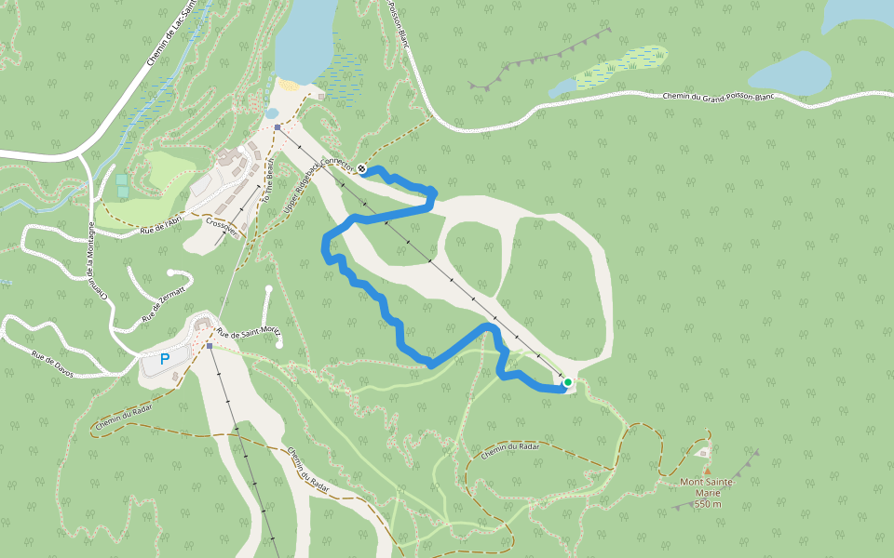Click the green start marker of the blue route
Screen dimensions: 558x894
(x=567, y=381)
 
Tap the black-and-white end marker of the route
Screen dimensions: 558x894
(x=361, y=169)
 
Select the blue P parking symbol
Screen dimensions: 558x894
(x=165, y=359)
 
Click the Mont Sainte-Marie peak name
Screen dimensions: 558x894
(x=708, y=482)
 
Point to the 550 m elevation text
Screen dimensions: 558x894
(x=708, y=503)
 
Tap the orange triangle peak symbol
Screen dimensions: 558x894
(x=707, y=471)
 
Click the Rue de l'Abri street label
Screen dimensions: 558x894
(x=167, y=222)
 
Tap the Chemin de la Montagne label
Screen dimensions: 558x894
(x=97, y=260)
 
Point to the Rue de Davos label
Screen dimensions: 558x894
(x=52, y=359)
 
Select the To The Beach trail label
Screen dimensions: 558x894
(x=268, y=181)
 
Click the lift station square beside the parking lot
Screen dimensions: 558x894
(x=210, y=346)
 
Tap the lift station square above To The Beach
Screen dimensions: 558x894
(x=278, y=127)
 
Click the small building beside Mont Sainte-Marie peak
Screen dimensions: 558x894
(x=703, y=452)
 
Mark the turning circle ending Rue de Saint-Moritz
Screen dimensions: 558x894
(x=279, y=345)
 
